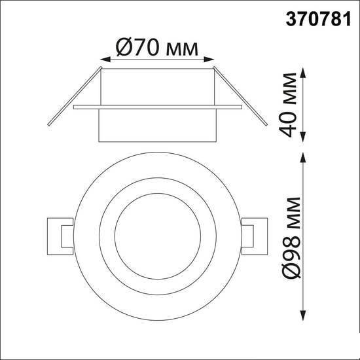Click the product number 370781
pyautogui.click(x=318, y=19)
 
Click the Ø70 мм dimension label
pyautogui.click(x=157, y=47)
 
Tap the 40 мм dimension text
pyautogui.click(x=288, y=105)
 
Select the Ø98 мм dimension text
pyautogui.click(x=291, y=238)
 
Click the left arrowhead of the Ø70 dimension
pyautogui.click(x=105, y=60)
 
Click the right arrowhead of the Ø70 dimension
pyautogui.click(x=209, y=60)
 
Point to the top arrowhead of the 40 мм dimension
pyautogui.click(x=303, y=73)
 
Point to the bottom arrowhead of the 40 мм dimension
pyautogui.click(x=303, y=137)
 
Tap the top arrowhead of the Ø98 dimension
pyautogui.click(x=303, y=158)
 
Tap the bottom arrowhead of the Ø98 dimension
pyautogui.click(x=303, y=315)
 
